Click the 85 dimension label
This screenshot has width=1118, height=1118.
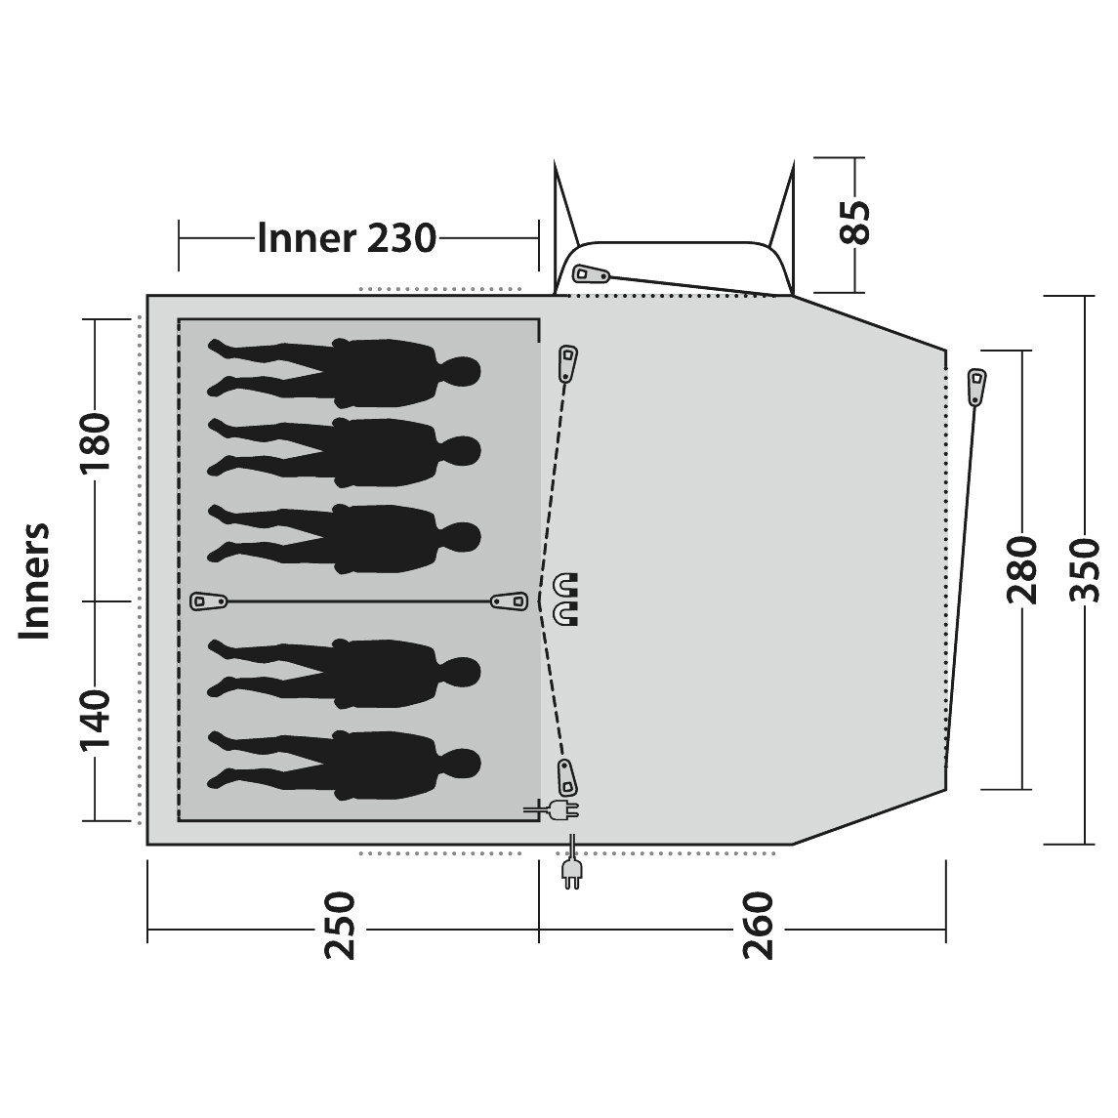click(855, 223)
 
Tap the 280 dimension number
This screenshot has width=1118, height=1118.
click(1020, 569)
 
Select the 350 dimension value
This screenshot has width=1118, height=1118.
click(1085, 569)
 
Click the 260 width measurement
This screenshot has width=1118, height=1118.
click(759, 925)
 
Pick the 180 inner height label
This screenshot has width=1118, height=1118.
click(96, 443)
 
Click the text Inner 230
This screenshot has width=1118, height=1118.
click(347, 238)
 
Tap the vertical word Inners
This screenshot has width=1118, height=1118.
click(35, 581)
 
